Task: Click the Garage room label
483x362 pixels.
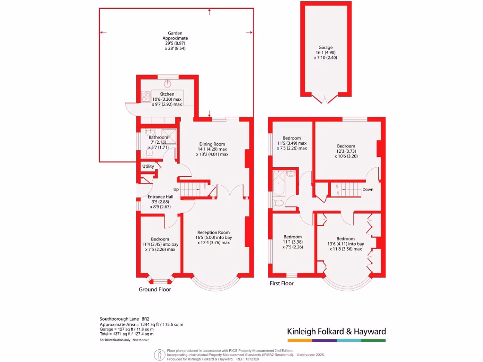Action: [x=325, y=48]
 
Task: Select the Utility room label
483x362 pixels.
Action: [x=148, y=166]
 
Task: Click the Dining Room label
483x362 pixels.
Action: [x=212, y=144]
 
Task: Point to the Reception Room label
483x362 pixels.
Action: [x=214, y=232]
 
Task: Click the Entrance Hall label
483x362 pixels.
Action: [x=160, y=197]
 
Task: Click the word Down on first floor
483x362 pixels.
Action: [x=368, y=189]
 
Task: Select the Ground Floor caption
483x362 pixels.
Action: [x=155, y=289]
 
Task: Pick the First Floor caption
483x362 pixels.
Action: [x=282, y=283]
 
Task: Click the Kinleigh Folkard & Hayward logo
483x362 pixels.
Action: [x=336, y=331]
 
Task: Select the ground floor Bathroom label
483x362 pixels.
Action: [x=158, y=138]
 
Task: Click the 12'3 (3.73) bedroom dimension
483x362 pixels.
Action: [x=346, y=151]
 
